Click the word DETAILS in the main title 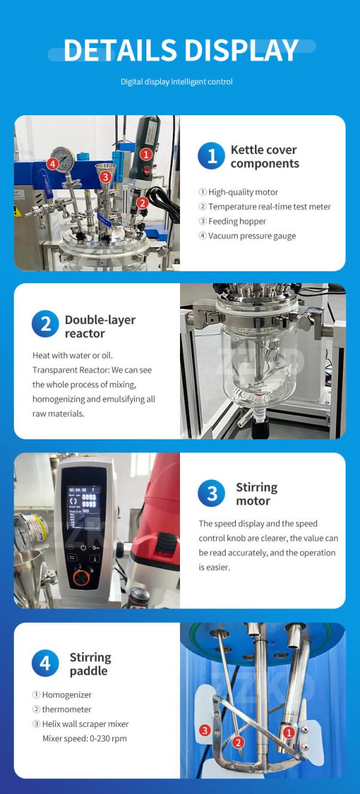[x=113, y=50]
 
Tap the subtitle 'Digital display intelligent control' [x=176, y=82]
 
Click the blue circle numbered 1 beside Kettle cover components [x=211, y=157]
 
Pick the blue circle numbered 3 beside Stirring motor [x=211, y=494]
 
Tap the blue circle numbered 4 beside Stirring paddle [x=45, y=664]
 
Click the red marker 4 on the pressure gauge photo [x=53, y=163]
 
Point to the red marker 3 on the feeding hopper [x=106, y=176]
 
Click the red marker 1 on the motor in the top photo [x=145, y=154]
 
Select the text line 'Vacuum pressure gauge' [x=251, y=236]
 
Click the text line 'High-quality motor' [x=243, y=192]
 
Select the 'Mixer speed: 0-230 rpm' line [x=85, y=738]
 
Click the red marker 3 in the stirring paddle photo [x=205, y=730]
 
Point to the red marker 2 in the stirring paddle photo [x=238, y=742]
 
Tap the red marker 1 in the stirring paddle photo [x=289, y=732]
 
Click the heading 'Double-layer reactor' [x=100, y=326]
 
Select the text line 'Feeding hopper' [x=237, y=221]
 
